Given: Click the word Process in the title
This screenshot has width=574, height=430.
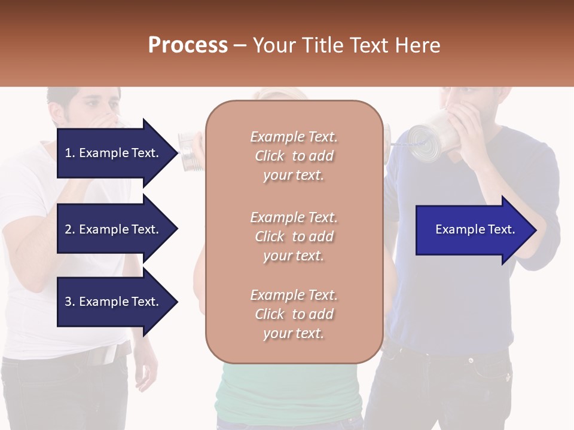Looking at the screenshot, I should (188, 45).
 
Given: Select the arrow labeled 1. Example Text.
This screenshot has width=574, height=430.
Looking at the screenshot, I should (114, 153).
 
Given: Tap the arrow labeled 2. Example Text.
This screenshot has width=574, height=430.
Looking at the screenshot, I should (114, 229).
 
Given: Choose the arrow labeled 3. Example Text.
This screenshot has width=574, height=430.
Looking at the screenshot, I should (114, 302).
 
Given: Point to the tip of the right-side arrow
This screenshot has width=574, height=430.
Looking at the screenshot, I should (534, 230).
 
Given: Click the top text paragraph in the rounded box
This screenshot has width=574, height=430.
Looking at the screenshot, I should (294, 156).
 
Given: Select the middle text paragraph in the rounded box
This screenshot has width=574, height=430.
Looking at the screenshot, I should (294, 236).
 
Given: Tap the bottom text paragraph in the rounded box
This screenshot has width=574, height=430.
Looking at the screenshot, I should (294, 314).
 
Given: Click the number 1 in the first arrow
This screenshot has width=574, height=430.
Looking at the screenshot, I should (68, 153).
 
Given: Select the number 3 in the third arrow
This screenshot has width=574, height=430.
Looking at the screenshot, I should (68, 302).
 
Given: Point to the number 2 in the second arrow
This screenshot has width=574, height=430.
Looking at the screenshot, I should (68, 229).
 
